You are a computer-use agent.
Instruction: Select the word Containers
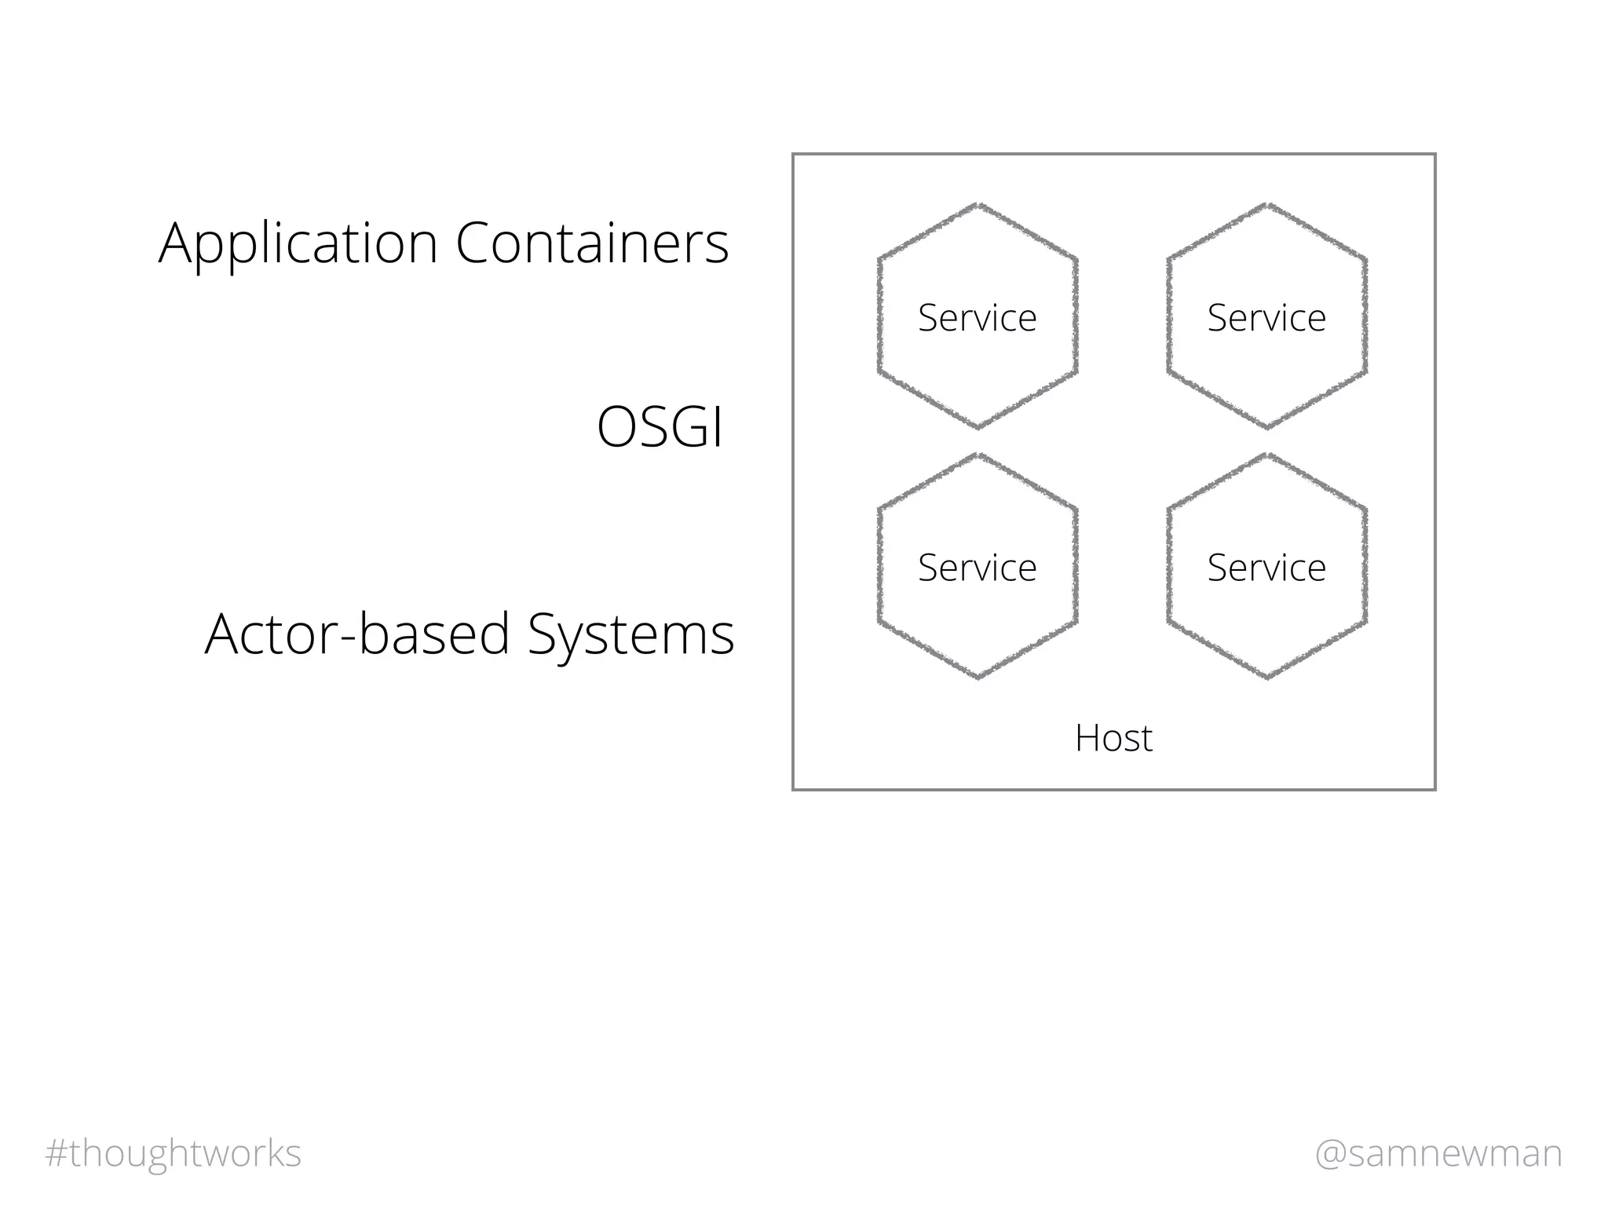coord(592,243)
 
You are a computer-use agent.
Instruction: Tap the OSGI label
coord(660,427)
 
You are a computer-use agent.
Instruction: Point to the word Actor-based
coord(357,634)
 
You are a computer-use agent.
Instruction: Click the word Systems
coord(630,634)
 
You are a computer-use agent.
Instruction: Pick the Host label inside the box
coord(1113,738)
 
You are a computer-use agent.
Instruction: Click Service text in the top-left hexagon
coord(977,318)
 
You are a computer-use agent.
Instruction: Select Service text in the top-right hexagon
coord(1266,318)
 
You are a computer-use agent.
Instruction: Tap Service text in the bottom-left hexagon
coord(977,568)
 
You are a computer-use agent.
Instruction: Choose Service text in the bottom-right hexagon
coord(1266,568)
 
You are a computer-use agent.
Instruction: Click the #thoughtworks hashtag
coord(174,1153)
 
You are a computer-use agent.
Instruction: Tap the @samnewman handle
coord(1438,1153)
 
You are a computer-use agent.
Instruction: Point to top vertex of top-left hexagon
coord(978,205)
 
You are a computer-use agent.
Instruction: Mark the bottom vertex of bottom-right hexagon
coord(1267,678)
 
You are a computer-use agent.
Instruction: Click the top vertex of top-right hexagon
coord(1267,205)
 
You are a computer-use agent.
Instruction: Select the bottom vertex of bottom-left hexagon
coord(978,678)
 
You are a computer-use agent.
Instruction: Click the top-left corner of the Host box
coord(794,155)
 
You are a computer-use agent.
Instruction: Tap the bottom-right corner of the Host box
coord(1434,789)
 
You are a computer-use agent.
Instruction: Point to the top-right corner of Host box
coord(1434,155)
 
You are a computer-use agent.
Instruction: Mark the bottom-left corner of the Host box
coord(794,789)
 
